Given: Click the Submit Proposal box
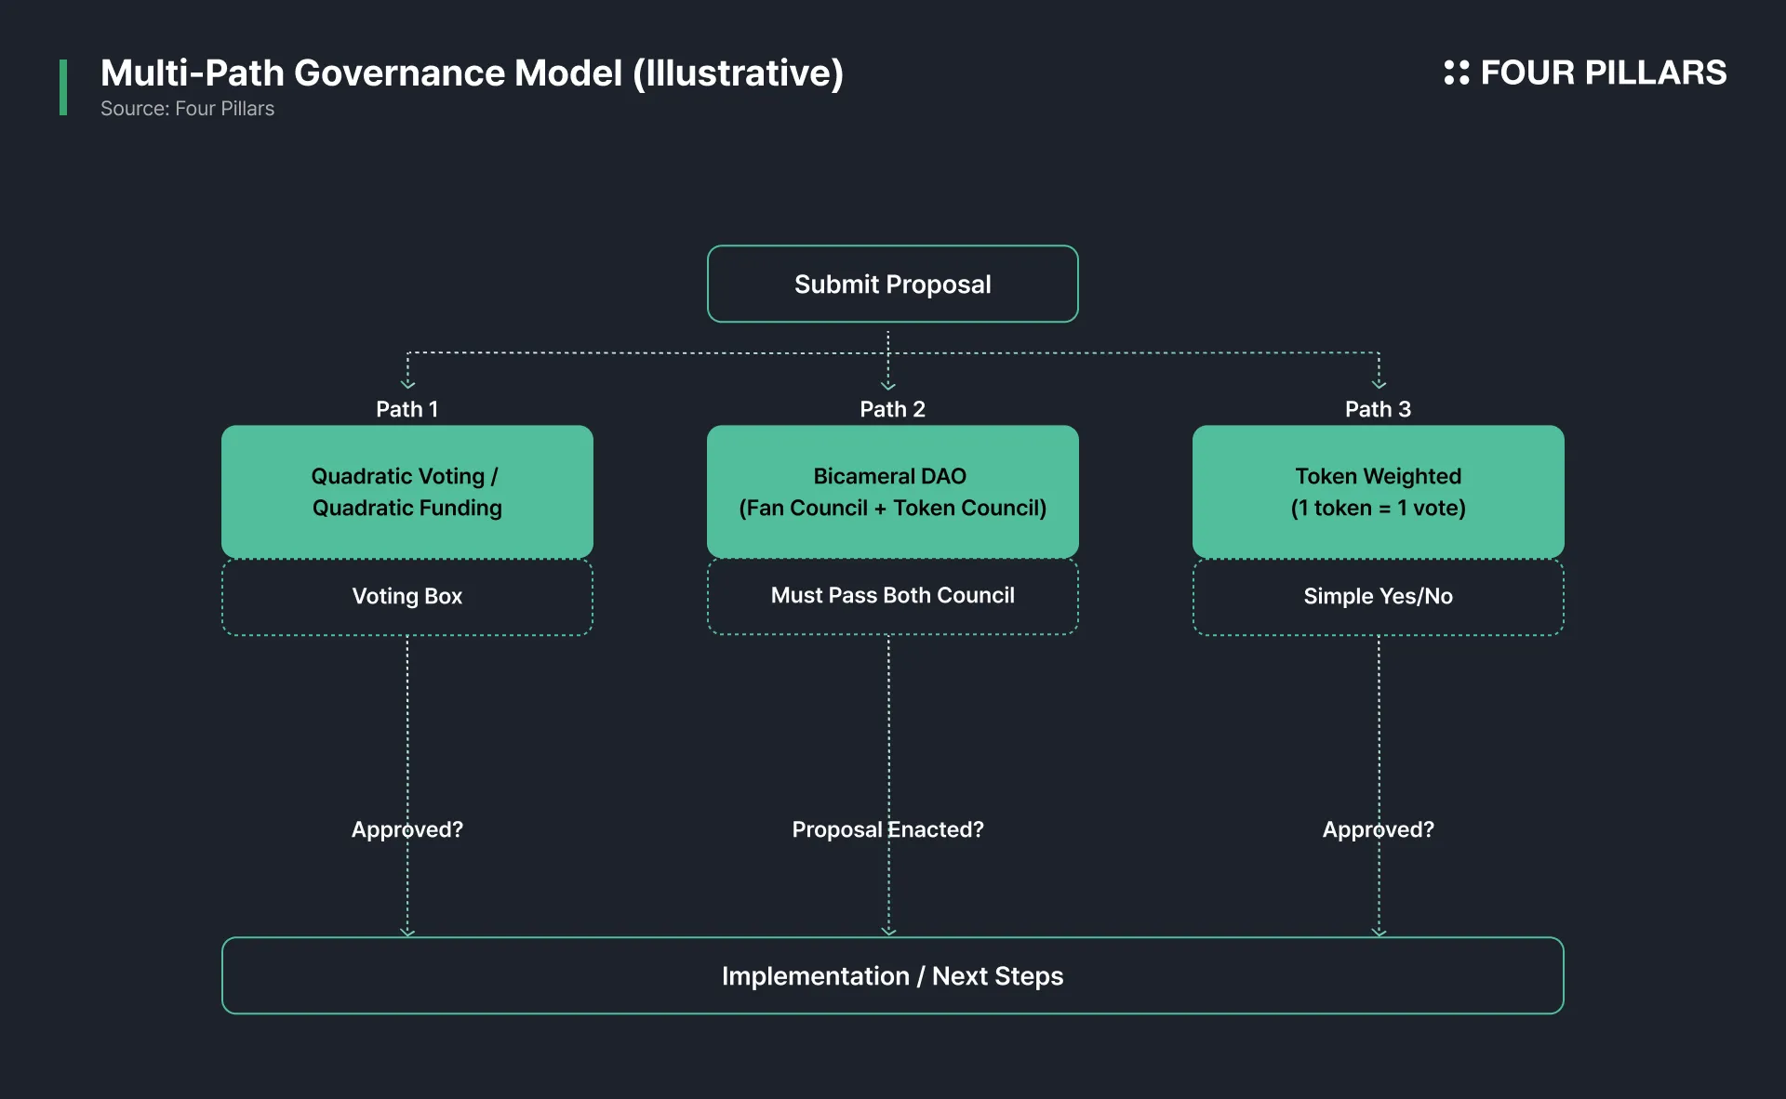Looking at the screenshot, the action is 892,284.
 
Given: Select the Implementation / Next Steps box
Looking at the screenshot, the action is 892,975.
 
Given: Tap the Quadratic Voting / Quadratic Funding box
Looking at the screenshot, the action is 407,492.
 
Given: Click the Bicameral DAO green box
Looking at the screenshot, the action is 892,492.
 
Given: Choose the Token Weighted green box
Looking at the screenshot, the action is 1378,492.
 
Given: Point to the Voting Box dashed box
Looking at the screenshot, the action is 407,597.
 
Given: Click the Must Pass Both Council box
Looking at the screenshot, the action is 892,597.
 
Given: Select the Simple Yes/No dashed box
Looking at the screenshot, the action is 1378,597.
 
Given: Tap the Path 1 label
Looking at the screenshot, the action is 407,409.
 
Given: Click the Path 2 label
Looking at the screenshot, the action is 892,409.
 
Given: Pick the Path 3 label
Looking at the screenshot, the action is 1378,409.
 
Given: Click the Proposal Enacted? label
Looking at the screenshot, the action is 887,829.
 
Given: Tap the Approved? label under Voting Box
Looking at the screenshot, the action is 407,829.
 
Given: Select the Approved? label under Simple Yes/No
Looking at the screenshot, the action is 1378,829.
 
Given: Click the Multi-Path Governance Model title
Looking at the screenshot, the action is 472,73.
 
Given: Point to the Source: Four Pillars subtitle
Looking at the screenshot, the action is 187,109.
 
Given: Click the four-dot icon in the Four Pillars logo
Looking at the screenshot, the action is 1456,73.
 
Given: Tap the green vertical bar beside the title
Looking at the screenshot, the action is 63,87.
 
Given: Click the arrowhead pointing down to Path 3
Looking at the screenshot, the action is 1379,384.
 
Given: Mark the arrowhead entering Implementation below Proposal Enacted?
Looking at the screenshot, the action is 888,931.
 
